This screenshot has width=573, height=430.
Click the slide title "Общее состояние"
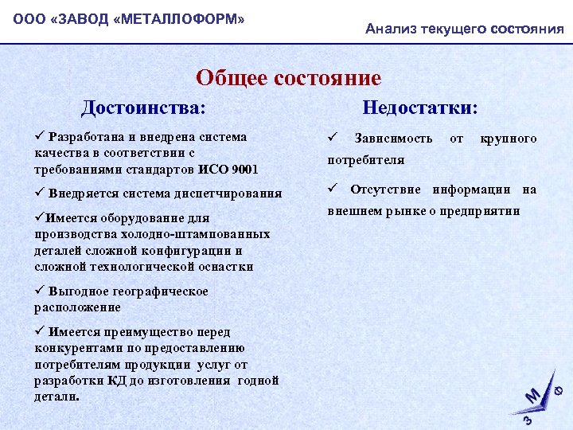coord(288,78)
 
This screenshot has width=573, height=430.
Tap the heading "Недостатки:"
coord(420,107)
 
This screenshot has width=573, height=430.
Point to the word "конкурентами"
coord(76,348)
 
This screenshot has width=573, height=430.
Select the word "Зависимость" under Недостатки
coord(394,139)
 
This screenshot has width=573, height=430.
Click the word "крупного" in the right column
coord(508,139)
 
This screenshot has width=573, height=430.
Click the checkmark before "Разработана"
coord(39,136)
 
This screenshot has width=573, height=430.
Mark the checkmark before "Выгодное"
coord(39,291)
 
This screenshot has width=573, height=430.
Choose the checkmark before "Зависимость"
coord(333,138)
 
